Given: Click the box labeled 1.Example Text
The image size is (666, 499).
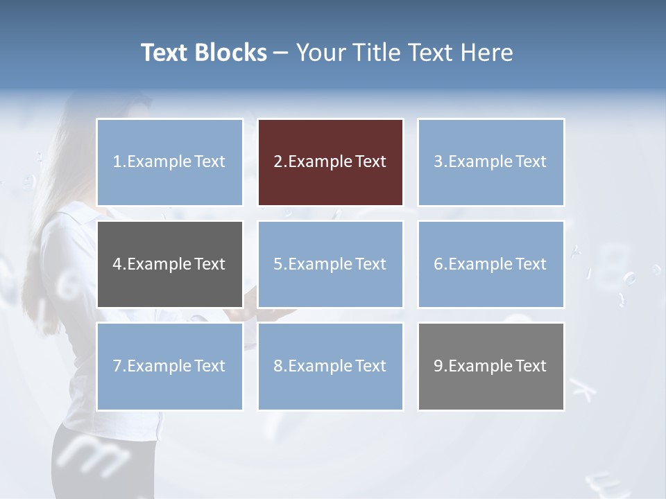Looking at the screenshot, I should (x=169, y=162).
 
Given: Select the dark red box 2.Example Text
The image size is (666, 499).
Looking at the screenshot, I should (x=330, y=162).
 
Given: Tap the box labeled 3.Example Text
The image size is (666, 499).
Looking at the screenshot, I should (x=490, y=162).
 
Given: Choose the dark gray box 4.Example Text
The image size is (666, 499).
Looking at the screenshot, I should (x=169, y=264).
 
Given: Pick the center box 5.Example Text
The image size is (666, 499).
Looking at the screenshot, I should (x=330, y=264).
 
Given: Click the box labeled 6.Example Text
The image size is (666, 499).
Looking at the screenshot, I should (x=490, y=264).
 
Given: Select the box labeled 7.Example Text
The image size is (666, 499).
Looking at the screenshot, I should (x=169, y=366).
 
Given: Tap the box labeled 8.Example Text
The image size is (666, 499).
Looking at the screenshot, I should (x=330, y=366).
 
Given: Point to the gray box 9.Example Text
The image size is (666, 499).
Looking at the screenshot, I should (x=490, y=366).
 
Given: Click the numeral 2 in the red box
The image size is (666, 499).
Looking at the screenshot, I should (x=277, y=162).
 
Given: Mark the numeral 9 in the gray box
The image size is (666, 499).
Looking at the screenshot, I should (x=438, y=366).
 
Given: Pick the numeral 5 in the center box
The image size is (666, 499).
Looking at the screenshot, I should (x=277, y=264).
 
